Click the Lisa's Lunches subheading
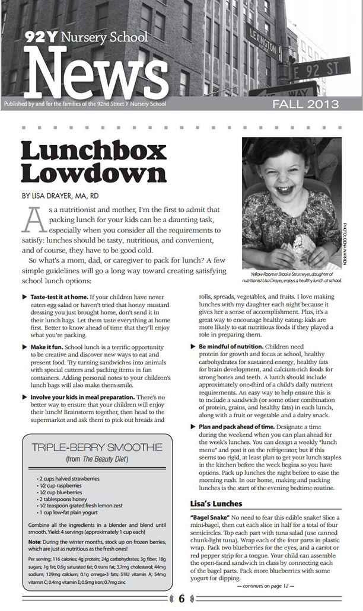(216, 504)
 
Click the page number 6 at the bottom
(181, 599)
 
